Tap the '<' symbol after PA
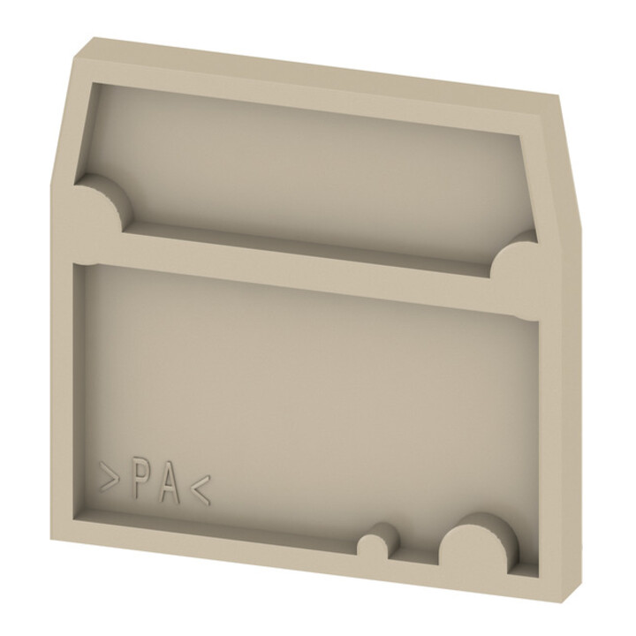pyautogui.click(x=201, y=491)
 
